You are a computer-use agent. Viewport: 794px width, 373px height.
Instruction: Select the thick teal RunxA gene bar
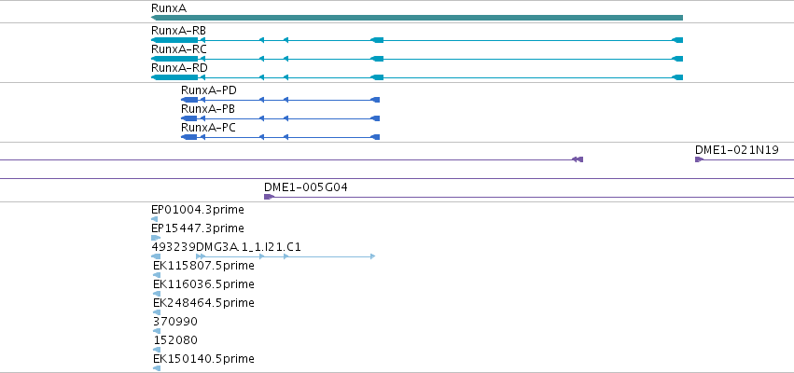click(417, 18)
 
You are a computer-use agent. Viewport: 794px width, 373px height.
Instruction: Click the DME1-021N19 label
click(737, 150)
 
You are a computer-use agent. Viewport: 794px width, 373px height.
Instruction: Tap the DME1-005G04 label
click(306, 187)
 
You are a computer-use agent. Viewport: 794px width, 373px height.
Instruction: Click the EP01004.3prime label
click(198, 210)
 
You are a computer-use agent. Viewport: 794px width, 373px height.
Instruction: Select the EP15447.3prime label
click(198, 228)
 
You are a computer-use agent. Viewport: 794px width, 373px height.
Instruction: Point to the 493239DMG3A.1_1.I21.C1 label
click(227, 246)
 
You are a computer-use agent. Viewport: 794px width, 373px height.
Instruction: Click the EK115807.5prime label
click(203, 265)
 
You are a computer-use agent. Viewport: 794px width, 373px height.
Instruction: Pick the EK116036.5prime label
click(203, 283)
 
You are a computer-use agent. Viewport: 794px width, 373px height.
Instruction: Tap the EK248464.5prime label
click(203, 303)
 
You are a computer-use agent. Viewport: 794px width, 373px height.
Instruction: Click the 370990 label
click(175, 322)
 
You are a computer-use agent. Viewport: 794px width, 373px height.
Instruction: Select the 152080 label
click(175, 340)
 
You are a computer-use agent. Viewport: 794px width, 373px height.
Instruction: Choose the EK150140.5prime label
click(203, 359)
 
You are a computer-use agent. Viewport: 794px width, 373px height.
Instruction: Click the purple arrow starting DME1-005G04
click(269, 197)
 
